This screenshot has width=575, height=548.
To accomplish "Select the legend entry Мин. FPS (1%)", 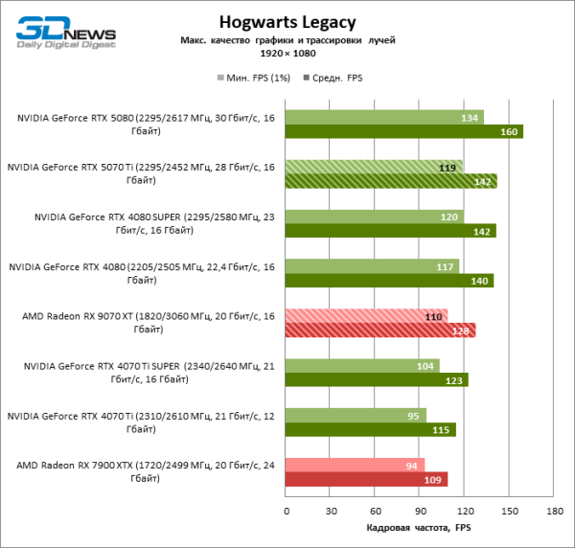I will pos(255,78).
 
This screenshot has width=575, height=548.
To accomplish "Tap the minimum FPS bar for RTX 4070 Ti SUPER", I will pos(363,365).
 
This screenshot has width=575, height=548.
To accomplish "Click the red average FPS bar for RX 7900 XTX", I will pos(367,479).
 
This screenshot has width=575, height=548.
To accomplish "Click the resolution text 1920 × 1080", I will pos(287,54).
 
